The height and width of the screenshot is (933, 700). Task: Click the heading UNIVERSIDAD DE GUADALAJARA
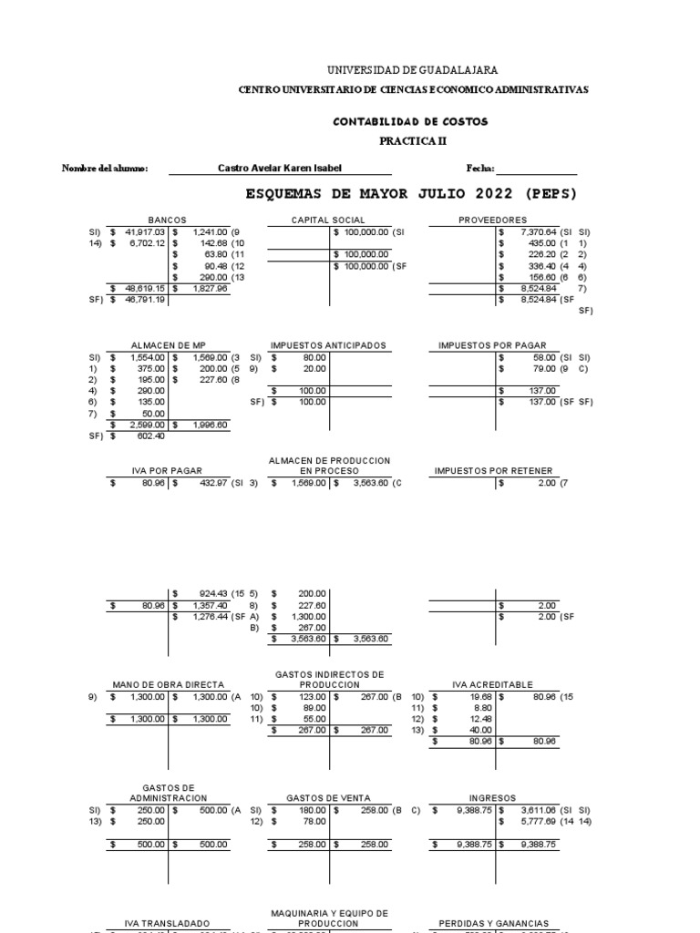[x=412, y=70]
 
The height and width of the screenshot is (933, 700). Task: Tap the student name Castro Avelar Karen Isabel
[x=282, y=169]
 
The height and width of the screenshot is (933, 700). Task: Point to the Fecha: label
[x=480, y=169]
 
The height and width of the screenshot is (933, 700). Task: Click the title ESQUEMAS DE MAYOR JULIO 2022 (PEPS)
[x=412, y=194]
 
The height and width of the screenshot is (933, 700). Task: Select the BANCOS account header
[x=168, y=220]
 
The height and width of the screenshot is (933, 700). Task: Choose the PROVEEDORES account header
[x=492, y=220]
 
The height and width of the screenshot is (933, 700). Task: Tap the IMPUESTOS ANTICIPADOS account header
[x=329, y=346]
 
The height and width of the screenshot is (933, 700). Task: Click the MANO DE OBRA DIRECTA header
[x=168, y=684]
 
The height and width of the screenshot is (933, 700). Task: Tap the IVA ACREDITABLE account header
[x=492, y=684]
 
